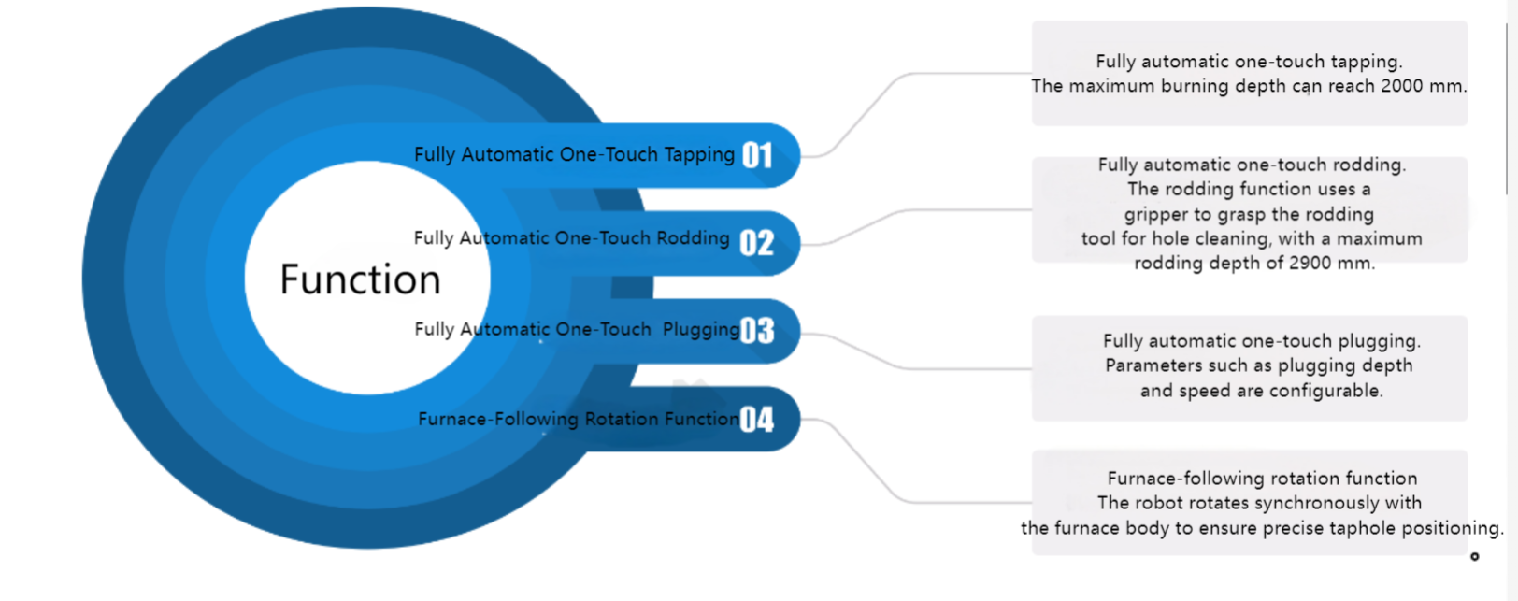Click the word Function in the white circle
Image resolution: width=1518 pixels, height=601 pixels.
pyautogui.click(x=360, y=279)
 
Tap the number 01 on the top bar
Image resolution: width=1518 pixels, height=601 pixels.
pyautogui.click(x=757, y=155)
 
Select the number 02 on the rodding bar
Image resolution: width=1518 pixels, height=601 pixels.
pyautogui.click(x=756, y=243)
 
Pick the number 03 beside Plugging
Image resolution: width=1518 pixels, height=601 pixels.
pyautogui.click(x=757, y=331)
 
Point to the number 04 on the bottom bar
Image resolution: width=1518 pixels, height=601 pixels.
pyautogui.click(x=756, y=419)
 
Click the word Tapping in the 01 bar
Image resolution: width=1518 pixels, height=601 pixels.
pyautogui.click(x=699, y=155)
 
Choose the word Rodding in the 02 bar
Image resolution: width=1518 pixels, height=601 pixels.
pyautogui.click(x=694, y=238)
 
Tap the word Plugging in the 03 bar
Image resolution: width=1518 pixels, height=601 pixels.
pyautogui.click(x=701, y=330)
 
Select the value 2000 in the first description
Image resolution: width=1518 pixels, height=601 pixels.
pyautogui.click(x=1402, y=86)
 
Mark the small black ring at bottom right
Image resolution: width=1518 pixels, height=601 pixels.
pyautogui.click(x=1475, y=557)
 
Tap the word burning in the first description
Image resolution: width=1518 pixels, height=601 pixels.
pyautogui.click(x=1195, y=87)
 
